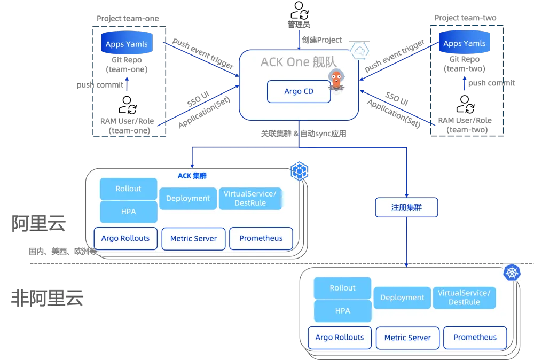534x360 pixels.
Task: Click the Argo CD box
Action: [x=299, y=91]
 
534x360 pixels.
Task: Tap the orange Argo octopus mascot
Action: [x=336, y=80]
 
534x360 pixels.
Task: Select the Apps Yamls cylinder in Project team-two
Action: [x=464, y=43]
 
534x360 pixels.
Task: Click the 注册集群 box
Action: [x=407, y=207]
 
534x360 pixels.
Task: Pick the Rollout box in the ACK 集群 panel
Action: [x=128, y=189]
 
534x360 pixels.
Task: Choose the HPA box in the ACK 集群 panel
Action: [x=128, y=212]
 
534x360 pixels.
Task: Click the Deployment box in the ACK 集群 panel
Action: [x=187, y=198]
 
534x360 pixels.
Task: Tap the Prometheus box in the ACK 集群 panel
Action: [x=261, y=238]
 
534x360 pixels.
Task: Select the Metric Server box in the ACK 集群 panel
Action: [x=193, y=238]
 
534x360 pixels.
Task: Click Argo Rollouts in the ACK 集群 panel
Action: [x=125, y=238]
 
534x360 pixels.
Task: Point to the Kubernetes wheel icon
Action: [x=512, y=272]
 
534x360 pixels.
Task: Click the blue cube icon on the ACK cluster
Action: [x=300, y=171]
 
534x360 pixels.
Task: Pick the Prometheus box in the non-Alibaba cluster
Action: [x=475, y=337]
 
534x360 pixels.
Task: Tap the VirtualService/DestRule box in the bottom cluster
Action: [x=464, y=298]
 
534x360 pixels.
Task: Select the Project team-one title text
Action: [x=128, y=18]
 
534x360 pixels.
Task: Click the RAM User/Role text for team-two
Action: [x=465, y=124]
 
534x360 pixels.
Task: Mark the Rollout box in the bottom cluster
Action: [x=342, y=288]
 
